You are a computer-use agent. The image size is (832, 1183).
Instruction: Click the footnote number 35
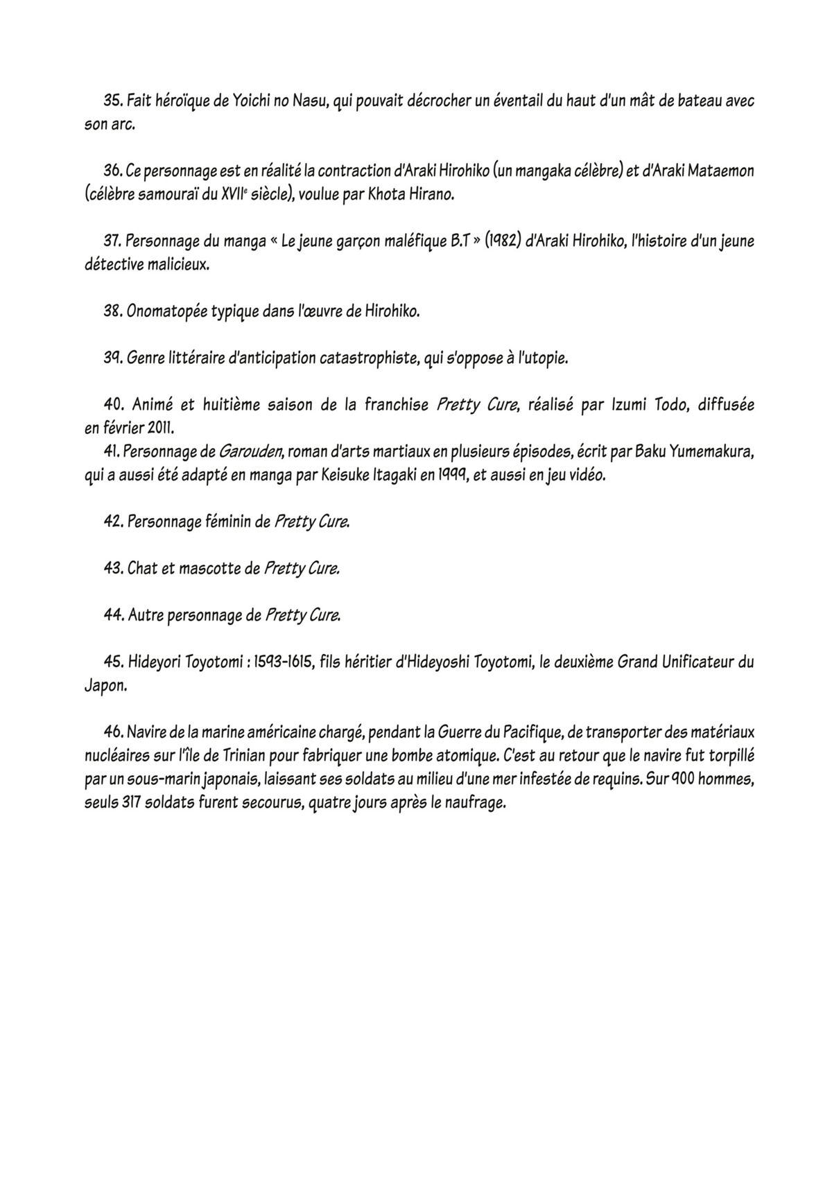[x=113, y=101]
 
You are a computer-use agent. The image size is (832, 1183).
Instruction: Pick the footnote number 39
[x=113, y=358]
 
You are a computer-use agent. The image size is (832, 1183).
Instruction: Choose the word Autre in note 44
[x=146, y=615]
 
